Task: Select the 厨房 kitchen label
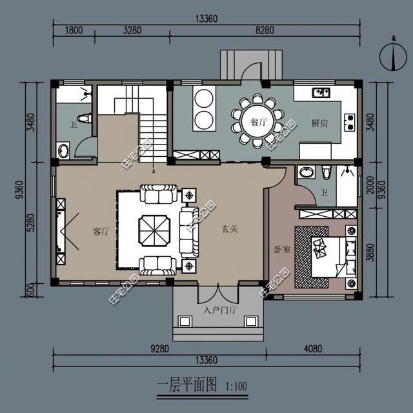tap(319, 123)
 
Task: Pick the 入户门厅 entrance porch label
tap(220, 310)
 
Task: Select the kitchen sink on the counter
tap(320, 94)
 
